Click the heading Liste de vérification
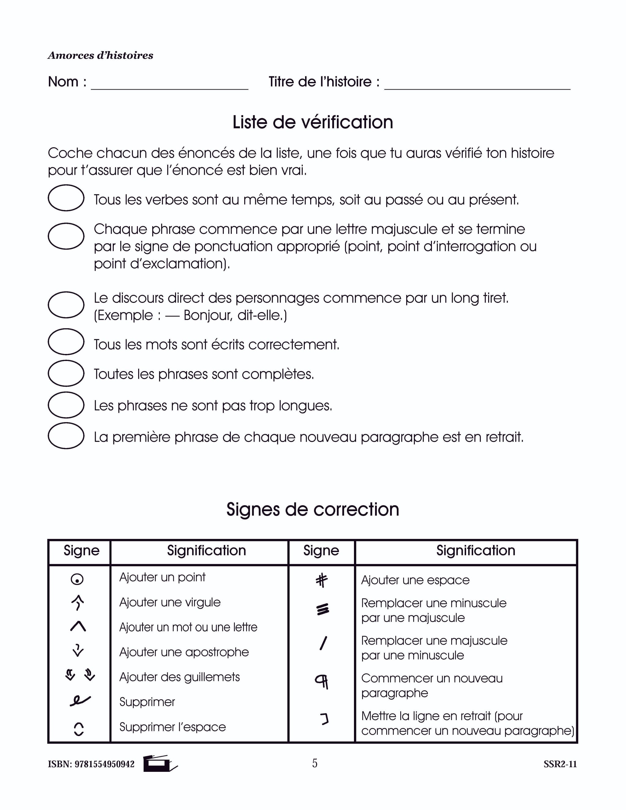(x=313, y=122)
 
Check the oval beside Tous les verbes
(x=66, y=198)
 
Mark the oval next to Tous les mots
(x=66, y=342)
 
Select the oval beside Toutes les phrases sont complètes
(x=66, y=373)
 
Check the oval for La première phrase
(x=66, y=436)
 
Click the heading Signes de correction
(x=313, y=510)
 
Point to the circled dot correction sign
(x=77, y=579)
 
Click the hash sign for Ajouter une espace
(x=322, y=580)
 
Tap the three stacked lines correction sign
(x=323, y=609)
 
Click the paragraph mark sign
(x=322, y=681)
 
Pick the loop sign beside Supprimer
(x=80, y=700)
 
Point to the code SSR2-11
(x=560, y=764)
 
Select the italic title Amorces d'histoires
(x=101, y=56)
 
